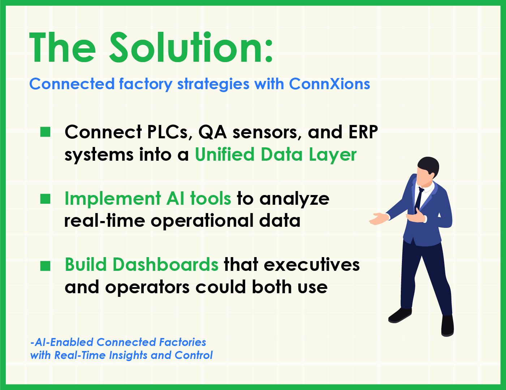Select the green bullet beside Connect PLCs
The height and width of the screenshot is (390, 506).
45,132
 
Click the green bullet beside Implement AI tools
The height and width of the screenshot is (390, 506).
45,199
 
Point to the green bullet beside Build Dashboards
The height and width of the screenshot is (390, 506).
45,266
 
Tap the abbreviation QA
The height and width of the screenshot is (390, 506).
213,132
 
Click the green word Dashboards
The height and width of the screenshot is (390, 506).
166,264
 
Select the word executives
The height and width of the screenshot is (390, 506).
312,265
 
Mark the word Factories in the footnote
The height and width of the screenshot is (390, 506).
183,342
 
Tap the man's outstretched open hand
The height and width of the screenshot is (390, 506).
379,218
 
